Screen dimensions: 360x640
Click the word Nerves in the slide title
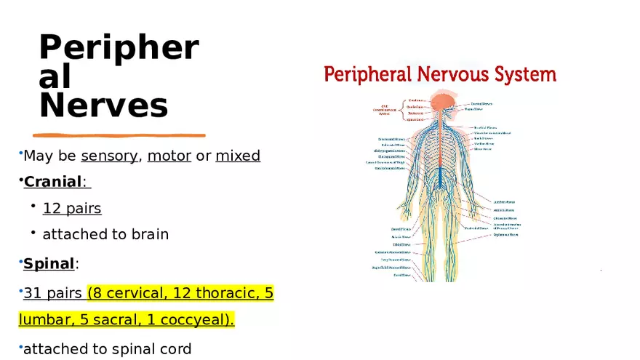click(103, 105)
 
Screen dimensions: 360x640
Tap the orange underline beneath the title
click(119, 135)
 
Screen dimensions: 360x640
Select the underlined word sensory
click(109, 156)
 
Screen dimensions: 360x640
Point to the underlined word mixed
click(238, 156)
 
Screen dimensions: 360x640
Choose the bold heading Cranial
click(53, 182)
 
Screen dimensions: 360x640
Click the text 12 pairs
click(72, 209)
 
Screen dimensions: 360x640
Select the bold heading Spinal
click(49, 263)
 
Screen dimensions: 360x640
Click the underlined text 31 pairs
click(52, 294)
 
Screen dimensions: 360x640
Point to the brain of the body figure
click(440, 103)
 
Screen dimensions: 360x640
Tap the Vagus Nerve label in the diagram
click(475, 109)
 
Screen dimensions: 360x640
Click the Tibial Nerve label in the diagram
click(401, 244)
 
